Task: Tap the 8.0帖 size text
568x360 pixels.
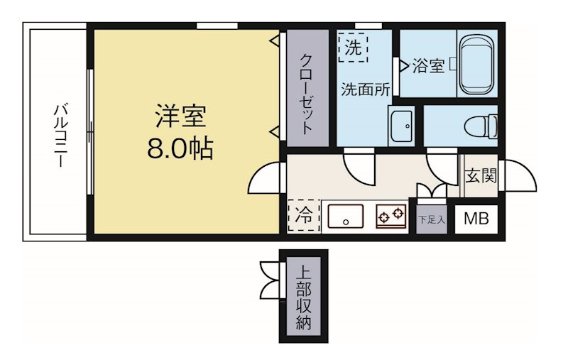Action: [x=180, y=148]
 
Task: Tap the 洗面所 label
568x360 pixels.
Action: [x=365, y=89]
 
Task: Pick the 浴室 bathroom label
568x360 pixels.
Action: [x=428, y=67]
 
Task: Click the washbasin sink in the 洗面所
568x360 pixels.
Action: [x=401, y=126]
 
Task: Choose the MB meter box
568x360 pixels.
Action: [x=476, y=219]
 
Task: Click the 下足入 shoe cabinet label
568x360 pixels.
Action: [x=431, y=219]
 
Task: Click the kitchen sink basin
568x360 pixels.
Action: [x=346, y=216]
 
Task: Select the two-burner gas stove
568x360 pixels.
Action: [x=390, y=215]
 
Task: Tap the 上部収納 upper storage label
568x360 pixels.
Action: [x=303, y=298]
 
